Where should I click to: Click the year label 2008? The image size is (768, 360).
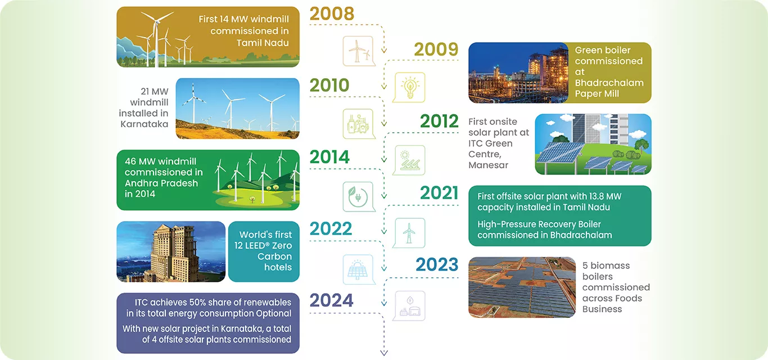tap(332, 13)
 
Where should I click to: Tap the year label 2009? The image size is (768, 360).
tap(436, 49)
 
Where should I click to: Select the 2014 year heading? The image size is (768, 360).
tap(329, 157)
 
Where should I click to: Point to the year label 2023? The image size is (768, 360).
tap(437, 264)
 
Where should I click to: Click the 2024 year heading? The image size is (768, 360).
tap(331, 300)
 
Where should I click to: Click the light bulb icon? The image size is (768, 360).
tap(410, 87)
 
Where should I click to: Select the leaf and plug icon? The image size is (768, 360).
tap(358, 197)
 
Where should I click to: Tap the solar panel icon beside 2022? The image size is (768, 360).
tap(358, 269)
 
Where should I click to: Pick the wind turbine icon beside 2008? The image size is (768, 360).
tap(358, 51)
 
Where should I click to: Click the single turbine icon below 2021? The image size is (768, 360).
tap(410, 233)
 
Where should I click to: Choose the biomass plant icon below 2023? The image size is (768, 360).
tap(410, 306)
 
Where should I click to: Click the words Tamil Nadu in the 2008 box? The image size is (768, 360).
tap(263, 43)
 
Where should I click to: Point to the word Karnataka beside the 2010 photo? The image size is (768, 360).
tap(144, 124)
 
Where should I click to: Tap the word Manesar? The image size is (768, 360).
tap(488, 165)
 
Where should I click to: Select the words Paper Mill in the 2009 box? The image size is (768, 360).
tap(597, 94)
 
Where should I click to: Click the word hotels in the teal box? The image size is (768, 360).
tap(278, 267)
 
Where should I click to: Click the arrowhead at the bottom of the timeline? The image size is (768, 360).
tap(384, 353)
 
